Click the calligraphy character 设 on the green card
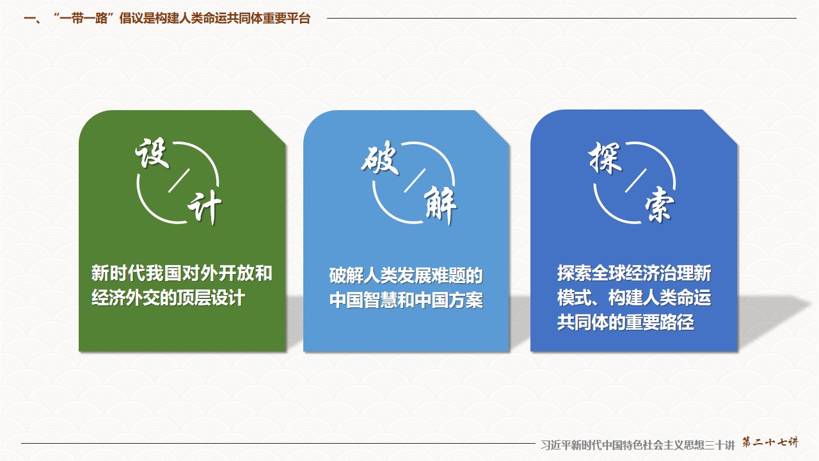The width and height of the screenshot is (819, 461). pyautogui.click(x=152, y=153)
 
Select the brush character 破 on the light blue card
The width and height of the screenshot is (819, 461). pyautogui.click(x=380, y=158)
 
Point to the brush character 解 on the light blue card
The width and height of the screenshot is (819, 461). pyautogui.click(x=440, y=205)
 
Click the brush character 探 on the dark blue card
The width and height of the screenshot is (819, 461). pyautogui.click(x=605, y=158)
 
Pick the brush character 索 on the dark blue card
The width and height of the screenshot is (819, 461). pyautogui.click(x=659, y=204)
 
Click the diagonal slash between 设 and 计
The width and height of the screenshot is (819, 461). pyautogui.click(x=179, y=180)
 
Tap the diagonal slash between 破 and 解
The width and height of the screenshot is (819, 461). pyautogui.click(x=415, y=180)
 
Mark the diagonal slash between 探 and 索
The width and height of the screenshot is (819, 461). pyautogui.click(x=636, y=180)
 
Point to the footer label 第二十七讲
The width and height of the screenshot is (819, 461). pyautogui.click(x=770, y=442)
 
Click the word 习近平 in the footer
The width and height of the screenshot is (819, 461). pyautogui.click(x=554, y=445)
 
